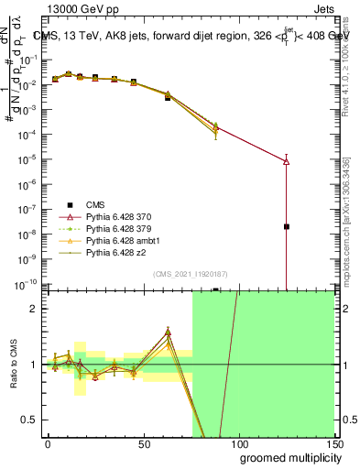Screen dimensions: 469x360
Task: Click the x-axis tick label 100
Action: point(238,442)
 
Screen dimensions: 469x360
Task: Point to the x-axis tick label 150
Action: point(333,442)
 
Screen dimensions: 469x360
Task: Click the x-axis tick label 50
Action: point(143,442)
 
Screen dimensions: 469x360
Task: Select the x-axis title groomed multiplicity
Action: point(287,457)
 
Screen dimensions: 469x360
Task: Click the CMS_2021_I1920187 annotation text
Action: point(191,273)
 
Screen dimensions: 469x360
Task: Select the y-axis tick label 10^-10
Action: point(27,283)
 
